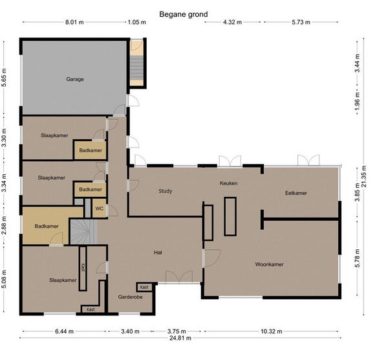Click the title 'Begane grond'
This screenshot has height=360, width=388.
[184, 14]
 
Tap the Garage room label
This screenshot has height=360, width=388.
[75, 79]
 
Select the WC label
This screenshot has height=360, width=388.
[99, 208]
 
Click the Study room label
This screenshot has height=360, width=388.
[165, 191]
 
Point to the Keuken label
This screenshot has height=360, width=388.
[228, 183]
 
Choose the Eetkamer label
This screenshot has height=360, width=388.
[296, 193]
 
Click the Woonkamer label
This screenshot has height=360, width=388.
[269, 264]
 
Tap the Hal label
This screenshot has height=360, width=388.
[158, 253]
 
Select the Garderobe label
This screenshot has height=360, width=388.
[130, 297]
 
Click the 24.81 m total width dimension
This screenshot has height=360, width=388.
[180, 338]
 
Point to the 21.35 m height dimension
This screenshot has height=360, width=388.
[363, 176]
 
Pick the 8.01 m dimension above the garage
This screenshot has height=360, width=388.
[74, 22]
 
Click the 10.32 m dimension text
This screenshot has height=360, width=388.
[272, 332]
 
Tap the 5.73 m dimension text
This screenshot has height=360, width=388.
[301, 22]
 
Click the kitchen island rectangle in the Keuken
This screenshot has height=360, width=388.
[230, 216]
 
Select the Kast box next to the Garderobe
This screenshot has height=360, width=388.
[144, 287]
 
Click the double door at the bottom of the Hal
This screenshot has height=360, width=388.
[179, 277]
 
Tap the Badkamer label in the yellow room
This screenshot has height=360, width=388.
[47, 226]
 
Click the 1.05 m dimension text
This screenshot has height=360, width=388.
[136, 22]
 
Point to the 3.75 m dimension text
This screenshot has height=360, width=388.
[177, 332]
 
